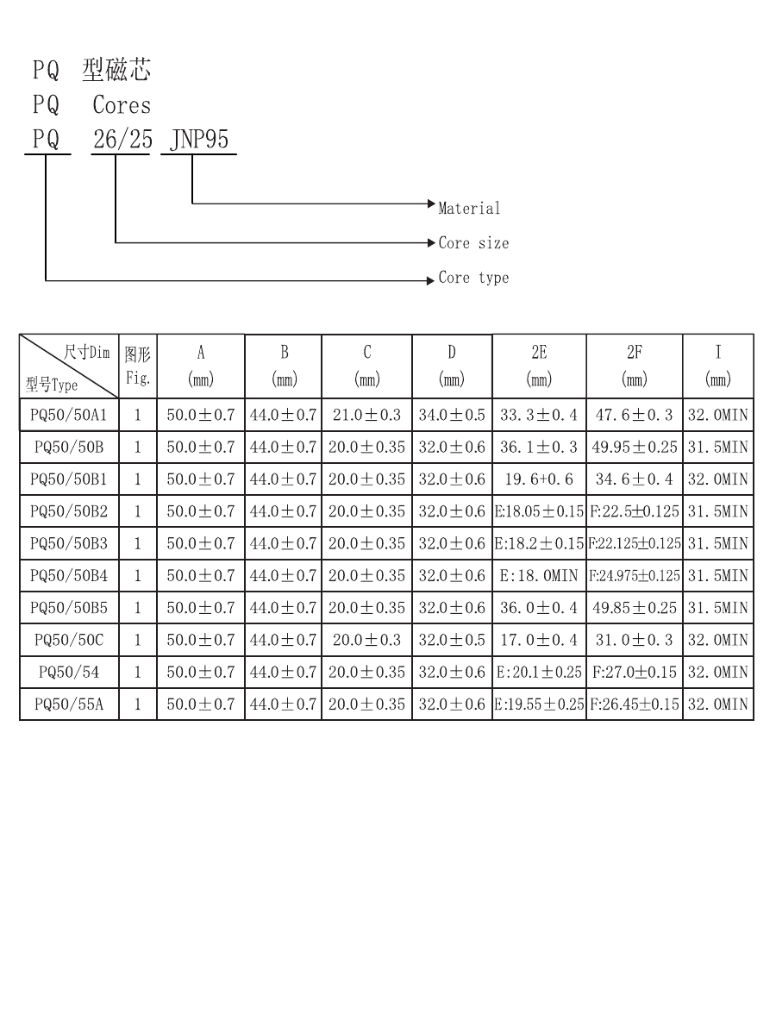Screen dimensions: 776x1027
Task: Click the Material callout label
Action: point(469,209)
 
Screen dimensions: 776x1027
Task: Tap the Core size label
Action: point(473,243)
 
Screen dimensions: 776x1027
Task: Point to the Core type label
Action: point(473,278)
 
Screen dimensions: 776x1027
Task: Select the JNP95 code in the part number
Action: point(199,140)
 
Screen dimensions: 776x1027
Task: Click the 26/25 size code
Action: point(122,140)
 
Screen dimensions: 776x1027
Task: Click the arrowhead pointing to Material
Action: point(431,204)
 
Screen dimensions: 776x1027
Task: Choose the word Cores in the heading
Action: point(122,105)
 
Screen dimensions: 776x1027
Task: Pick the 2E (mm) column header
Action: point(539,366)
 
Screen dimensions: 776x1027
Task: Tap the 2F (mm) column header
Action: point(635,366)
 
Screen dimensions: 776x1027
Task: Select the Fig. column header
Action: point(137,366)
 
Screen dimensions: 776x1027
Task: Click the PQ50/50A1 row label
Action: point(69,415)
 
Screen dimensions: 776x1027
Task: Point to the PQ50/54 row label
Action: point(69,672)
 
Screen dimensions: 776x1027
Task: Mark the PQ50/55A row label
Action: point(69,704)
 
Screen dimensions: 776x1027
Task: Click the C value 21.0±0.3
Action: point(366,415)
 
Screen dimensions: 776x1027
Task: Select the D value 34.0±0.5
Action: point(452,415)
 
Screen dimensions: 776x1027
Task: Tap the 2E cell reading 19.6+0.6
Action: point(539,479)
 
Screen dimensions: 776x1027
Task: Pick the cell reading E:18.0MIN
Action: point(539,576)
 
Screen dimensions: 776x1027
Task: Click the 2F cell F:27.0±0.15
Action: point(635,672)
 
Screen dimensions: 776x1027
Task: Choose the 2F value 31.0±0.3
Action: point(635,640)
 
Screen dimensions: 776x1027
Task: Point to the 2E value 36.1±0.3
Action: point(539,447)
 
